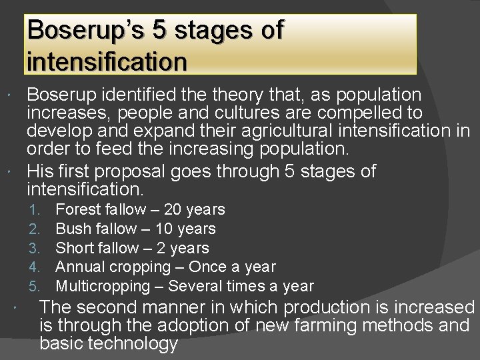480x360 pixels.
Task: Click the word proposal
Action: tap(143, 171)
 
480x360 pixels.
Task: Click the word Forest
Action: tap(77, 209)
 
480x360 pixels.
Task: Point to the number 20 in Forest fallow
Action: tap(173, 209)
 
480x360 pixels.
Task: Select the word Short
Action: tap(74, 248)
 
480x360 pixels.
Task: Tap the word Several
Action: tap(195, 287)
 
